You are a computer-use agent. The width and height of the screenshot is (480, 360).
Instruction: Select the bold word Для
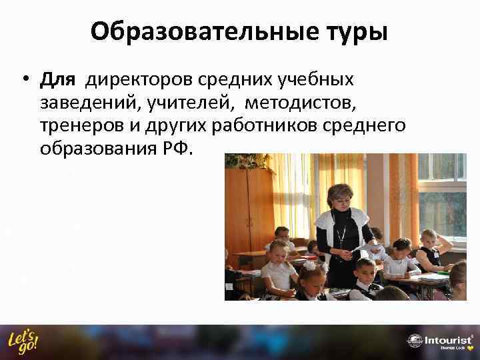pos(59,80)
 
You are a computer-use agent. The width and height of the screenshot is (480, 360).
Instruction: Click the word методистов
pos(302,104)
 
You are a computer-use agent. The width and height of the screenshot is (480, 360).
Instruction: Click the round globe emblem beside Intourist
pos(414,341)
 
